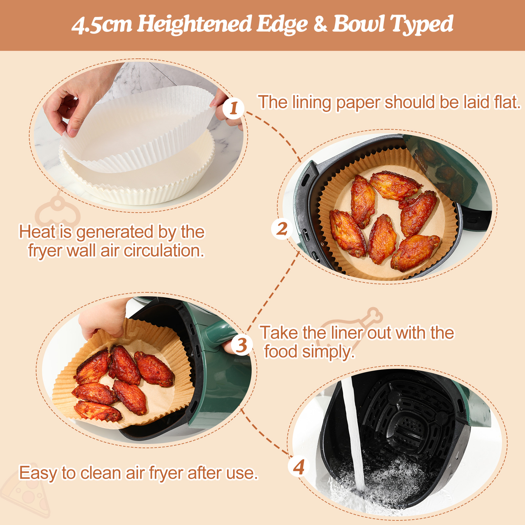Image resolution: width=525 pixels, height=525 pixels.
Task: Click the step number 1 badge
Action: (x=233, y=108)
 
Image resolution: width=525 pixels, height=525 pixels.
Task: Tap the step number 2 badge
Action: (x=282, y=229)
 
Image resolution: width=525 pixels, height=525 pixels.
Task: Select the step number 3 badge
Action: (x=242, y=345)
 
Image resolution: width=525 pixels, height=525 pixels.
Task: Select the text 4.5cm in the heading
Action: (x=102, y=25)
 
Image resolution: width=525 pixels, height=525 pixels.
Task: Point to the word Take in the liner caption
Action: (x=280, y=333)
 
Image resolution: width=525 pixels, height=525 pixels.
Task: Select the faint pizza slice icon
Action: (x=26, y=492)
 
